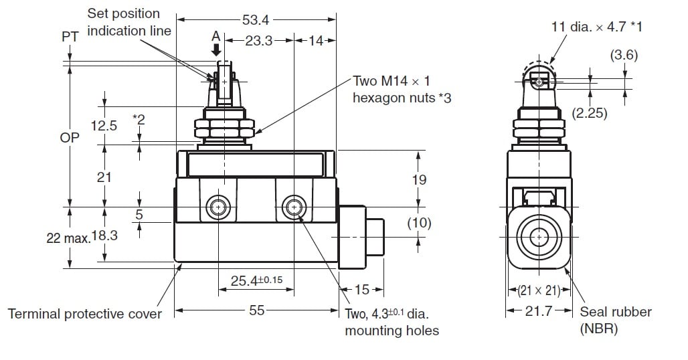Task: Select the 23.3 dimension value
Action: click(258, 41)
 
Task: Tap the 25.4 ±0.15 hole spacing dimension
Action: click(257, 281)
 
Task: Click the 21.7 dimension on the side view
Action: click(539, 310)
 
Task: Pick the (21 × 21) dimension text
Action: click(539, 290)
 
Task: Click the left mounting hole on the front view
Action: click(218, 207)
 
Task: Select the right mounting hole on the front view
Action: click(293, 207)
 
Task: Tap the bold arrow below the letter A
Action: click(216, 49)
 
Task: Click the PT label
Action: click(70, 37)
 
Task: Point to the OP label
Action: click(70, 137)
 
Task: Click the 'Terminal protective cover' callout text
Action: click(84, 314)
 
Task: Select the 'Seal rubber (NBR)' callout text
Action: click(615, 320)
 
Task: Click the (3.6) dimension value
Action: click(623, 56)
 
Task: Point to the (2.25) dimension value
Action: click(590, 113)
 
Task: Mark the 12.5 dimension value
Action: click(104, 125)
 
